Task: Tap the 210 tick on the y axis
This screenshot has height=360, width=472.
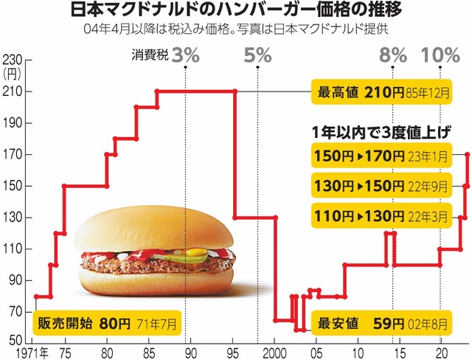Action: [x=13, y=91]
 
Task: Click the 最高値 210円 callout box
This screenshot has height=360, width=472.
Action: [x=382, y=92]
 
